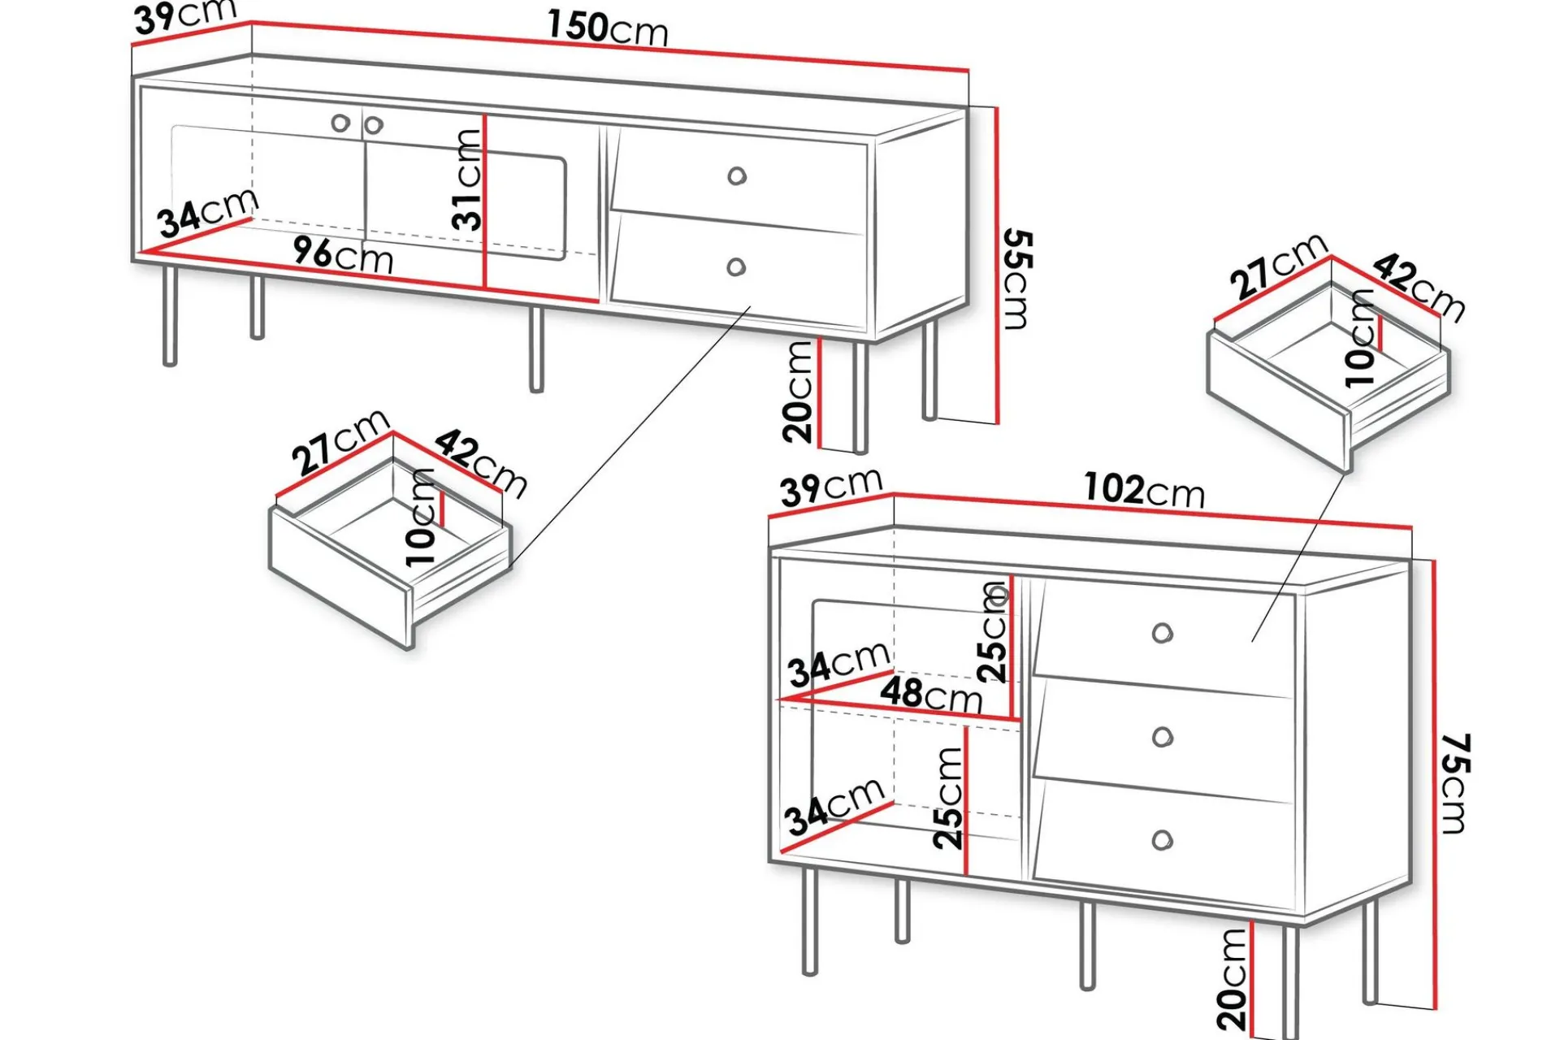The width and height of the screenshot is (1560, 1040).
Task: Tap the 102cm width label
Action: pyautogui.click(x=1144, y=490)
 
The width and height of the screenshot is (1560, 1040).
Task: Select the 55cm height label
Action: pyautogui.click(x=1017, y=279)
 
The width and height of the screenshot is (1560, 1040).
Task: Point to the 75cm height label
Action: pyautogui.click(x=1454, y=783)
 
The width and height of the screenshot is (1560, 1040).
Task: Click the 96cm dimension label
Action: pyautogui.click(x=344, y=255)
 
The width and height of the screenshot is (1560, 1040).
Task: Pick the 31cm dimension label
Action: pyautogui.click(x=468, y=180)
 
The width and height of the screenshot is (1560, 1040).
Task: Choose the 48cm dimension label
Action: pyautogui.click(x=931, y=695)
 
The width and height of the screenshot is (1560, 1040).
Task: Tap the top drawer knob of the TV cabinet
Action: pyautogui.click(x=737, y=175)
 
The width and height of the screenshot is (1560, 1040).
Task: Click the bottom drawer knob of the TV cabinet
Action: pyautogui.click(x=736, y=266)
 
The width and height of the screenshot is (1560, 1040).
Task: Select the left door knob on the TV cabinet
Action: pyautogui.click(x=340, y=123)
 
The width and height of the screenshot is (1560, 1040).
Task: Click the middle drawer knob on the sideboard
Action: pyautogui.click(x=1163, y=737)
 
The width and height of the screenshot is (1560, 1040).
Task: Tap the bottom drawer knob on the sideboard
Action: pyautogui.click(x=1163, y=840)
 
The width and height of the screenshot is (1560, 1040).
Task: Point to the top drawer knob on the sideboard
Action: pyautogui.click(x=1163, y=633)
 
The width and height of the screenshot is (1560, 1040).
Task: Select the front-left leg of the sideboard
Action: pyautogui.click(x=810, y=921)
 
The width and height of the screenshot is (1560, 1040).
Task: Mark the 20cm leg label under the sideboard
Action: pyautogui.click(x=1232, y=979)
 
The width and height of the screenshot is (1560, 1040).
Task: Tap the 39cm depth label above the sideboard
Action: pyautogui.click(x=831, y=487)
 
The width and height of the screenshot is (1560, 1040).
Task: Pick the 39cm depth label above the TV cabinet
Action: pyautogui.click(x=185, y=17)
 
